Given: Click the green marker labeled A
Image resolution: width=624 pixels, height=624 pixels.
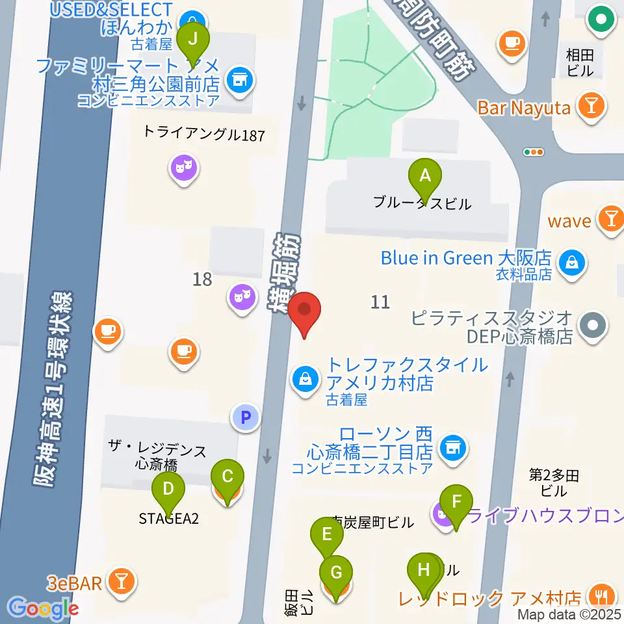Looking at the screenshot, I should pos(425,175).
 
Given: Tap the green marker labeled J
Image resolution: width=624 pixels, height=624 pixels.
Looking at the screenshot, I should pos(193,38).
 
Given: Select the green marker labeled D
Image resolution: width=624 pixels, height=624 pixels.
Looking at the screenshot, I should pos(168,489).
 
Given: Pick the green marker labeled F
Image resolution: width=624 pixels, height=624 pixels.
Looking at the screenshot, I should pos(456,502).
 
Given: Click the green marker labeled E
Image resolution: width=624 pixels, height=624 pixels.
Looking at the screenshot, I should pos(327,535).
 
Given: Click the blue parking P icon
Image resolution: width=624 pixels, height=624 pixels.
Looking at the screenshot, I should pos(246,417).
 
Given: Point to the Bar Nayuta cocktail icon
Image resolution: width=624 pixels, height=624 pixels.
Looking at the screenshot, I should pos(591,106).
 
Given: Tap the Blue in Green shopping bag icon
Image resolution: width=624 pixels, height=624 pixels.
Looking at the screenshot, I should pos(571,264).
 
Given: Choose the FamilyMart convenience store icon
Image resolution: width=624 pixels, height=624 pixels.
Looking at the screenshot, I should pos(239,81).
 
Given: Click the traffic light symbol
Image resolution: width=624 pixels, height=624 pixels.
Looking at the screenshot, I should pos(534,152).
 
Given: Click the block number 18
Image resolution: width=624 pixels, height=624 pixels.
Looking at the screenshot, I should pos(202,279).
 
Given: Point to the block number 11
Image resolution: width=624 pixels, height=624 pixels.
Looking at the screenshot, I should pos(380,302).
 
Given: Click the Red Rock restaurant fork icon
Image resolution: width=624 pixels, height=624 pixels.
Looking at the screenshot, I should pos(599,594).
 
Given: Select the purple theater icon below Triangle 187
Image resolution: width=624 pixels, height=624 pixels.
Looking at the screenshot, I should pos(184,170).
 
